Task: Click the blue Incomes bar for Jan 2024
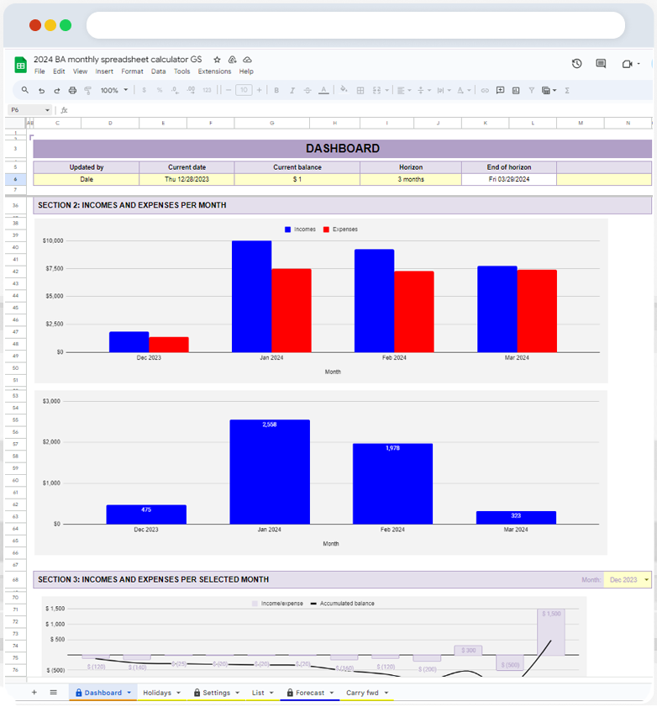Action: click(251, 296)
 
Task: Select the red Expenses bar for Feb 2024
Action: click(413, 311)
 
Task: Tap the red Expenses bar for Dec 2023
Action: click(169, 344)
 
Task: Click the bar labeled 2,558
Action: click(269, 472)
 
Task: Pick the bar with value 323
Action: click(516, 517)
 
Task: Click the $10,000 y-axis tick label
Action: click(52, 241)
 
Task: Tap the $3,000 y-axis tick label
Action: click(52, 401)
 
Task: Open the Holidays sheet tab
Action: click(157, 693)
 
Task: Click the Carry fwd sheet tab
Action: click(362, 693)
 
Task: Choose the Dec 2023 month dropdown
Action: click(627, 580)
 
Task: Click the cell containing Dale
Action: click(87, 179)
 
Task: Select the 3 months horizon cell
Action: click(411, 179)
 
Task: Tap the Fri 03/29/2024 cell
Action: click(508, 179)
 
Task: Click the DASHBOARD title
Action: click(342, 149)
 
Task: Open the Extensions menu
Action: click(214, 71)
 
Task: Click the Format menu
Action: click(132, 71)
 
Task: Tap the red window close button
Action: click(34, 25)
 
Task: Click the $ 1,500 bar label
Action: click(551, 615)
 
